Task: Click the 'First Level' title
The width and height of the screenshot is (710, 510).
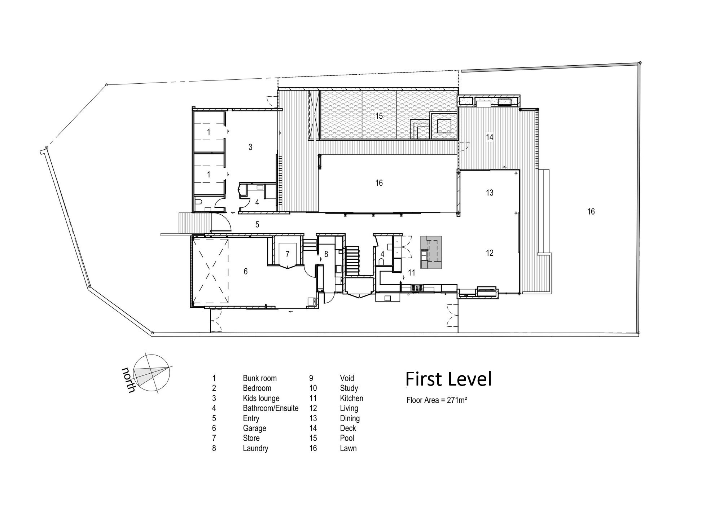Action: [x=448, y=379]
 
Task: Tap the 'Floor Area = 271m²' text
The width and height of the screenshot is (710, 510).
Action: [x=437, y=400]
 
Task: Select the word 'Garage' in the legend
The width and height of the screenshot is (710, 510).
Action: [x=254, y=428]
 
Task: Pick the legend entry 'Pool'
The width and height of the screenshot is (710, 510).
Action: [x=347, y=438]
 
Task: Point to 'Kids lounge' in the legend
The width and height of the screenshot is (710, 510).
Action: [x=261, y=399]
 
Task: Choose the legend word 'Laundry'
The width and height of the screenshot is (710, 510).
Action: [x=255, y=448]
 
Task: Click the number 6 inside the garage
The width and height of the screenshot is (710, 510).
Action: [x=246, y=271]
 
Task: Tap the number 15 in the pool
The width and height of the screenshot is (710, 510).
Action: [x=379, y=116]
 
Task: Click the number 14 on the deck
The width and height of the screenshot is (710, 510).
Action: [x=490, y=137]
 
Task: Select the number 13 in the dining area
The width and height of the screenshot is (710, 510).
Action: [x=490, y=193]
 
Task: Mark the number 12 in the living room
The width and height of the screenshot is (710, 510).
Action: [x=490, y=253]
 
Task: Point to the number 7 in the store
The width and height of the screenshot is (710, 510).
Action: [x=288, y=254]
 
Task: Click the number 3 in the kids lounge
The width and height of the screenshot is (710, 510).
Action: [x=250, y=147]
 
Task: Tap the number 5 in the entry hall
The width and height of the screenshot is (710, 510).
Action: [x=257, y=225]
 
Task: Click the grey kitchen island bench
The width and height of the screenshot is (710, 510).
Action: [x=431, y=252]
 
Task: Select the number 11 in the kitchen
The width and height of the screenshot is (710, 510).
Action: [x=412, y=273]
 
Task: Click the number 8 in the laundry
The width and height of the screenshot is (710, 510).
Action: [x=326, y=254]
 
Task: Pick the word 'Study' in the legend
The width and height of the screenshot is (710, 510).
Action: [x=349, y=388]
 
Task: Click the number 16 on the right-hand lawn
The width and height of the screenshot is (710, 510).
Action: [x=591, y=212]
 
